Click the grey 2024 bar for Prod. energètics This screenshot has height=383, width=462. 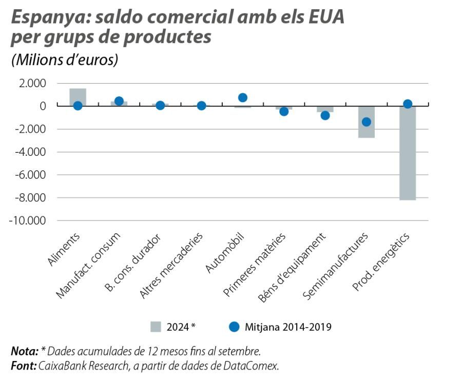pyautogui.click(x=408, y=154)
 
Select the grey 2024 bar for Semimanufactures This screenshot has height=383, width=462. pyautogui.click(x=366, y=122)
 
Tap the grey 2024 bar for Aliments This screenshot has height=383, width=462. pyautogui.click(x=78, y=97)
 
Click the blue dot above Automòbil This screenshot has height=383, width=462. pyautogui.click(x=243, y=97)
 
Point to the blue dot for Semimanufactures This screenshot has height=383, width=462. pyautogui.click(x=367, y=122)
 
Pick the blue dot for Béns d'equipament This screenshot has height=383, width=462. pyautogui.click(x=325, y=115)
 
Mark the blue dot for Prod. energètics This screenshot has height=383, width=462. pyautogui.click(x=408, y=104)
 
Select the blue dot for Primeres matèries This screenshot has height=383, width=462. pyautogui.click(x=284, y=111)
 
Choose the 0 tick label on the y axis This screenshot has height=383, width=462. pyautogui.click(x=43, y=106)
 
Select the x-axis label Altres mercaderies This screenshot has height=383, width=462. pyautogui.click(x=172, y=265)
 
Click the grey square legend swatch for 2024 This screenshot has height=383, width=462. pyautogui.click(x=156, y=327)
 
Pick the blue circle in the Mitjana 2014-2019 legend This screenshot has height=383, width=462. pyautogui.click(x=234, y=327)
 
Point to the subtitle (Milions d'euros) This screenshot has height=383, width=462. pyautogui.click(x=65, y=59)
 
